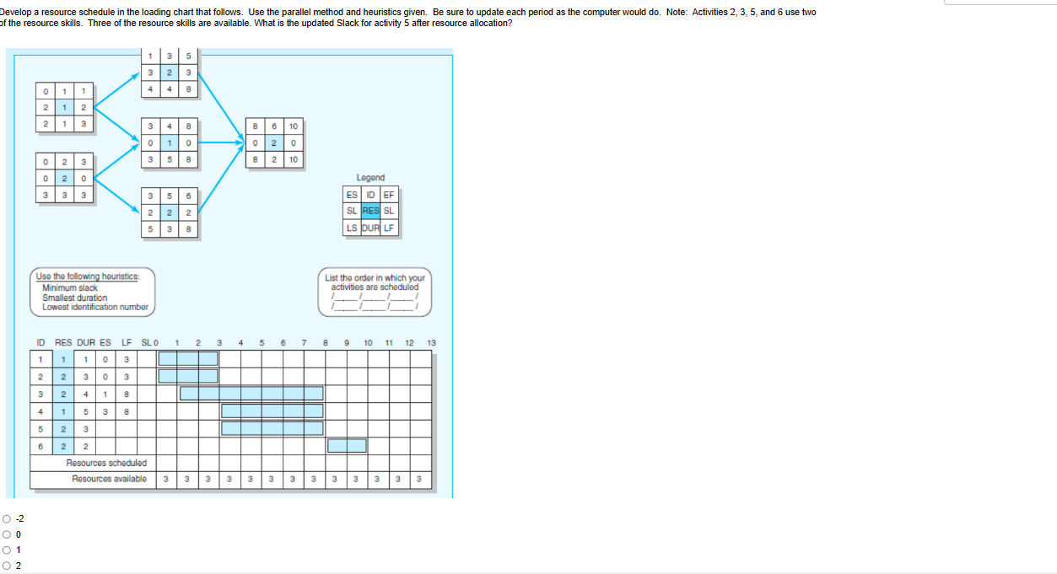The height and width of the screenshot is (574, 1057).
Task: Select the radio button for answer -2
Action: (x=7, y=519)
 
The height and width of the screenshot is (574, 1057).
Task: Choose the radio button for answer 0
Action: (x=7, y=534)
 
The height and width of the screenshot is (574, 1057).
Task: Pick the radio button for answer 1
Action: (x=7, y=550)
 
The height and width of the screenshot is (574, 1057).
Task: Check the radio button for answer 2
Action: (x=7, y=566)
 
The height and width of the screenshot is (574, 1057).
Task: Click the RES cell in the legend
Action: (x=370, y=211)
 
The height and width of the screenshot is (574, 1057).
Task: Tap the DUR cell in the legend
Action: (x=370, y=228)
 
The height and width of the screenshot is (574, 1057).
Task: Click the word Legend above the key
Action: (x=370, y=177)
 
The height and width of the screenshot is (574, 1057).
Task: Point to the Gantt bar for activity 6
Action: (x=347, y=446)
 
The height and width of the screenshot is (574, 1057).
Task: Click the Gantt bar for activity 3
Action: (x=251, y=394)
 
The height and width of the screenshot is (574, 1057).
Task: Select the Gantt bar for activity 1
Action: (x=188, y=358)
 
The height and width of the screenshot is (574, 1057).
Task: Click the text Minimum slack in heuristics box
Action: (x=70, y=287)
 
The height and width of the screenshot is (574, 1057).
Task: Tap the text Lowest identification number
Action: (x=95, y=307)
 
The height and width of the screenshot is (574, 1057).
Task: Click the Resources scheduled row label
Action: (x=106, y=464)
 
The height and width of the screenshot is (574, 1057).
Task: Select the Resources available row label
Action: (x=109, y=479)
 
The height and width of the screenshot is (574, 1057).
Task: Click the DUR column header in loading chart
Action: (x=86, y=343)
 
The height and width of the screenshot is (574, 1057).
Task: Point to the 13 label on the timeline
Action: (x=431, y=343)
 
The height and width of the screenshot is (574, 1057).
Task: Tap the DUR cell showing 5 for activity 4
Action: (x=86, y=412)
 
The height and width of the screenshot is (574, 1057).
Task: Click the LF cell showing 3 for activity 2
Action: (x=127, y=377)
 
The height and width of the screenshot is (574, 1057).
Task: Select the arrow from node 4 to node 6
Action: (x=222, y=142)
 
